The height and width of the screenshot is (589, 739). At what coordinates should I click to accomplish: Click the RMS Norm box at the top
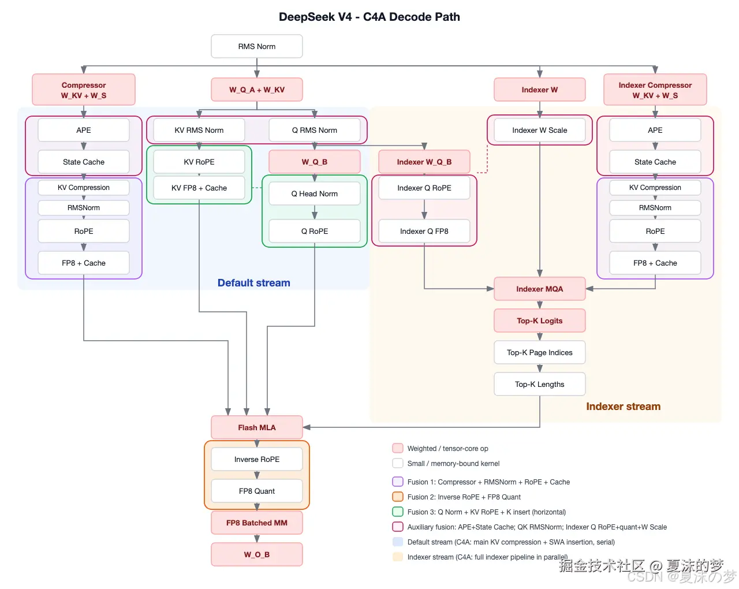point(257,46)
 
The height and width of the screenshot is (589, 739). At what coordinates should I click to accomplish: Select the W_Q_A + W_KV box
point(257,90)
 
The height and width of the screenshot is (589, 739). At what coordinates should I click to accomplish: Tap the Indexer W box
point(539,90)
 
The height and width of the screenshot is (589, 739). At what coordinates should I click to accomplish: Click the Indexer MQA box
point(539,289)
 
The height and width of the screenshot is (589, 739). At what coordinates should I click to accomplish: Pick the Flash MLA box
point(257,427)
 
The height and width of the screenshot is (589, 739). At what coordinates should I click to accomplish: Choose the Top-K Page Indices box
point(539,352)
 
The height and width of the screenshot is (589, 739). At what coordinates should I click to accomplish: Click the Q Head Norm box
point(314,193)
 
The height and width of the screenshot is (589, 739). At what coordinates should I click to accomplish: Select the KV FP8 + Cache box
point(199,188)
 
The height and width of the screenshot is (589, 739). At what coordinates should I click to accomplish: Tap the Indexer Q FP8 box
point(424,231)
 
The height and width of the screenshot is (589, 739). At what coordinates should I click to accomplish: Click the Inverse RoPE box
point(257,459)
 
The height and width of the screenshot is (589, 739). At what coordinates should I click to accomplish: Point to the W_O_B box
point(257,554)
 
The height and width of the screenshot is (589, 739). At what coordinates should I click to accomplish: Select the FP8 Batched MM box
point(257,523)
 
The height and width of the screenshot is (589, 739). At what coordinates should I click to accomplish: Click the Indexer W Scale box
point(539,130)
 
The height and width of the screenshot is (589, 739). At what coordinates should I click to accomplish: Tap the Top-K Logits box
point(539,320)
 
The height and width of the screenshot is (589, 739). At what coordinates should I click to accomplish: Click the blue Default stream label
point(253,283)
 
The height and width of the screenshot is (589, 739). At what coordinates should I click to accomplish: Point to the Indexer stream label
point(623,407)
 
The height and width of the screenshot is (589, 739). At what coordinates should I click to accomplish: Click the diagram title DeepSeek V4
point(369,17)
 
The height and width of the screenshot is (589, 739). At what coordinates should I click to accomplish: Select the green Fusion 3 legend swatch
point(398,512)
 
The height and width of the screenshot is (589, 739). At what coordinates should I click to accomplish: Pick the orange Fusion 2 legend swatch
point(398,497)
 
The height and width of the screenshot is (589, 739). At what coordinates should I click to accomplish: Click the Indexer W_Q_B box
point(424,162)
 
